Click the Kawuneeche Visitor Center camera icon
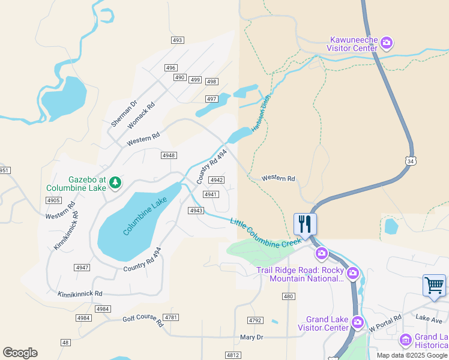tap(387, 42)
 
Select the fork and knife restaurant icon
tap(305, 224)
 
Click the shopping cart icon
tap(434, 286)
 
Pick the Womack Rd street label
tap(141, 112)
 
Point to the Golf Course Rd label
tap(143, 320)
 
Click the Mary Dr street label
tap(252, 337)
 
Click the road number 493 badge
tap(177, 40)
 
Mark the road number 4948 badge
tap(169, 155)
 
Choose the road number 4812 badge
tap(234, 355)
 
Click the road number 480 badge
tap(288, 296)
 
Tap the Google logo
tap(20, 353)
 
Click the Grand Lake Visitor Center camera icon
tap(358, 323)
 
